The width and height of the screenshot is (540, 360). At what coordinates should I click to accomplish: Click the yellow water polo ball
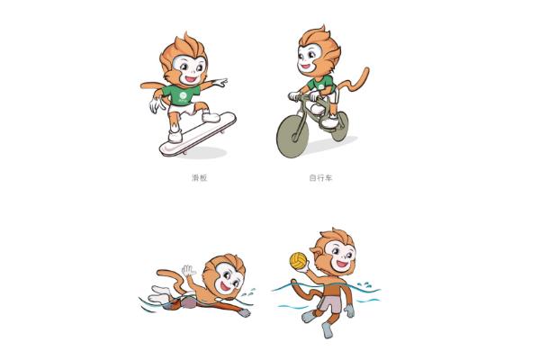click(298, 261)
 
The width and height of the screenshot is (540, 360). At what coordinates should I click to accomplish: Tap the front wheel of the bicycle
click(292, 137)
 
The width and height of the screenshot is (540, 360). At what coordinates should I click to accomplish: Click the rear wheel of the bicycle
click(340, 126)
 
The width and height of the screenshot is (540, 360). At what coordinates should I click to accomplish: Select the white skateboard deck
click(198, 134)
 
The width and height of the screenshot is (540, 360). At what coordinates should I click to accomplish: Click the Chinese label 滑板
click(200, 178)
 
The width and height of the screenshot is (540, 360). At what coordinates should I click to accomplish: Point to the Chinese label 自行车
click(320, 178)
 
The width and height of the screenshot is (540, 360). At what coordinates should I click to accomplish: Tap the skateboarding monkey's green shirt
click(181, 94)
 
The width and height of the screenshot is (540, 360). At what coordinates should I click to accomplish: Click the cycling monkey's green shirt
click(320, 85)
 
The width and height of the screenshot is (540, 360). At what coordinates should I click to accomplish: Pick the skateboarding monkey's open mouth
click(191, 79)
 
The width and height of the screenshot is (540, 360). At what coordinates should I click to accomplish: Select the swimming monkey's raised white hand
click(188, 270)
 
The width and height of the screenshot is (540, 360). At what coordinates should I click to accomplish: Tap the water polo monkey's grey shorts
click(329, 303)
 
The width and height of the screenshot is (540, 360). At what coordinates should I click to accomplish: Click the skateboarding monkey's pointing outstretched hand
click(219, 83)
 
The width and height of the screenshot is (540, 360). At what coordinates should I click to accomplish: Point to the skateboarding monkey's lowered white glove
click(157, 104)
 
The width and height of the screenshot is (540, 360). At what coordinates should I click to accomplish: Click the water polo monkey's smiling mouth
click(342, 265)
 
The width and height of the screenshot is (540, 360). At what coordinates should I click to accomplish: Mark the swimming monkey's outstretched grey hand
click(245, 312)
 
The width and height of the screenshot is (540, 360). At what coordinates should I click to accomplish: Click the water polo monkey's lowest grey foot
click(328, 330)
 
